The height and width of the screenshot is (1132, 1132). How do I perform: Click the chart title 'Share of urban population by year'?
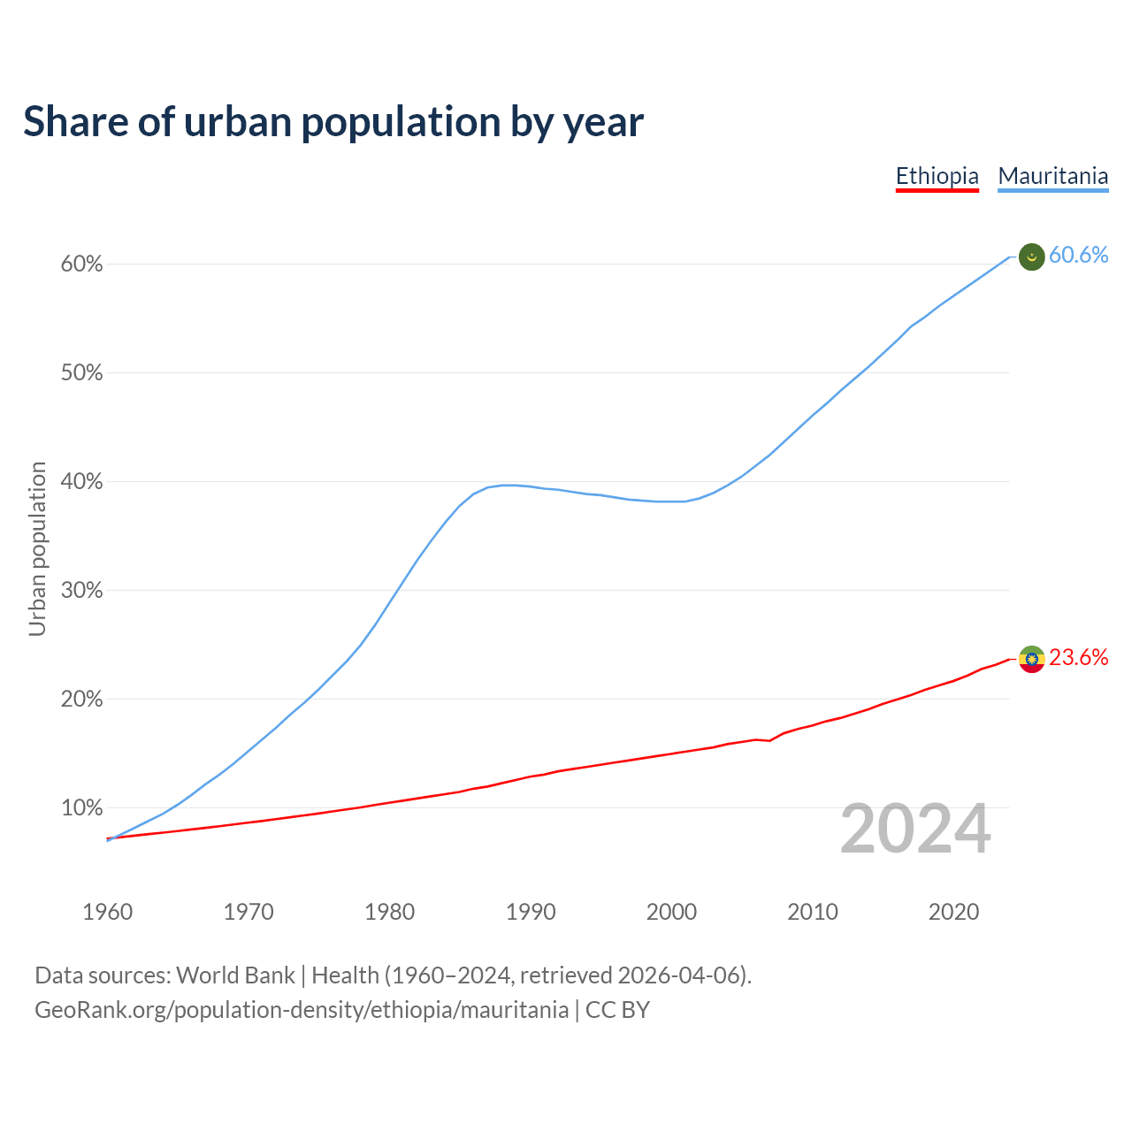tap(333, 122)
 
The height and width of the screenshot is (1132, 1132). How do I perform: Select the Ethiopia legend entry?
tap(937, 176)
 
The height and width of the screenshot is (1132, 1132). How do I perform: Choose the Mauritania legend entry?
tap(1052, 176)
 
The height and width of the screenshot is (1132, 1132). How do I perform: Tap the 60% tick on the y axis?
tap(81, 264)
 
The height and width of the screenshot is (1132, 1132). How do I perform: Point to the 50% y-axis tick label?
tap(81, 373)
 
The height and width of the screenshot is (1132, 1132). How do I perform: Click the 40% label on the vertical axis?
tap(81, 482)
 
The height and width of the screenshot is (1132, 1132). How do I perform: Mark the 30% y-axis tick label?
tap(81, 591)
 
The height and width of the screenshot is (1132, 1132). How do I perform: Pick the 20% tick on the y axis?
tap(81, 700)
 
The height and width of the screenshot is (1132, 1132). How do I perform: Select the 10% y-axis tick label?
tap(81, 808)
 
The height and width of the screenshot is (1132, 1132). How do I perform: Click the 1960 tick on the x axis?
tap(108, 912)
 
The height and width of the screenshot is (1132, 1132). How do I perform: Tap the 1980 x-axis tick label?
tap(390, 912)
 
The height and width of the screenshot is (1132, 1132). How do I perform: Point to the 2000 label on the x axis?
tap(672, 912)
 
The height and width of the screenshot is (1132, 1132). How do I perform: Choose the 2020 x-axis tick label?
tap(953, 912)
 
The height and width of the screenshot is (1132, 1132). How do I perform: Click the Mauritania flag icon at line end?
tap(1032, 256)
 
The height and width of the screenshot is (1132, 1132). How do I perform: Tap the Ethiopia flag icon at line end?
tap(1032, 659)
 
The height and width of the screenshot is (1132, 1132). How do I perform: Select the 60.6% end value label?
tap(1078, 256)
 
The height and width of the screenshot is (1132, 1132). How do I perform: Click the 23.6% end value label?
tap(1078, 658)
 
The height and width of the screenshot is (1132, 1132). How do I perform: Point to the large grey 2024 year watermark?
tap(915, 830)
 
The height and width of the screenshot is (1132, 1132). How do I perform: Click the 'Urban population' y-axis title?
tap(37, 548)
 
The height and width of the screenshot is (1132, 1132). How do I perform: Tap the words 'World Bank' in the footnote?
tap(235, 975)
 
